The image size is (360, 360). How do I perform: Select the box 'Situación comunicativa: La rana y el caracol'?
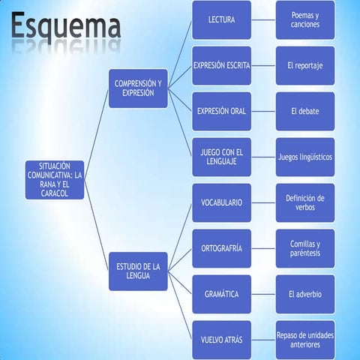click(x=54, y=179)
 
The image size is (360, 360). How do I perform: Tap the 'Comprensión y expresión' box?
click(x=138, y=88)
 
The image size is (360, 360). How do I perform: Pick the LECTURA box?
click(x=221, y=19)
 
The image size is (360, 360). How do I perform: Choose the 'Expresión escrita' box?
click(x=221, y=65)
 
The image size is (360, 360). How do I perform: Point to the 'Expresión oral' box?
click(x=221, y=111)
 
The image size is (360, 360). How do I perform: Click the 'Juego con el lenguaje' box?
click(x=221, y=157)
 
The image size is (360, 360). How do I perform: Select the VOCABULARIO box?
click(x=221, y=202)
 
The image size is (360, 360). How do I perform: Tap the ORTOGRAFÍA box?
click(x=221, y=248)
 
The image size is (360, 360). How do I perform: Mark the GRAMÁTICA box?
click(x=221, y=294)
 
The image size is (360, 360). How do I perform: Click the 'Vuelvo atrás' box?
click(x=221, y=340)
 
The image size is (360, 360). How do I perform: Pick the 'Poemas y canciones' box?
click(x=305, y=19)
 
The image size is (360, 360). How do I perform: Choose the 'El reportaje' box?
click(x=305, y=65)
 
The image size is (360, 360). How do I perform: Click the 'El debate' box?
click(x=305, y=111)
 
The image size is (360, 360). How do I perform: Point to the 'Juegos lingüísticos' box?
click(x=305, y=157)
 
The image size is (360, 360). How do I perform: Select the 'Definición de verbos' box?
click(x=305, y=202)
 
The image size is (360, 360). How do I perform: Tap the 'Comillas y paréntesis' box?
click(x=305, y=248)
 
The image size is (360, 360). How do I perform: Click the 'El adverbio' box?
click(x=305, y=294)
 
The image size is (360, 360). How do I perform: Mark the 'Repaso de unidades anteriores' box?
click(x=305, y=340)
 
